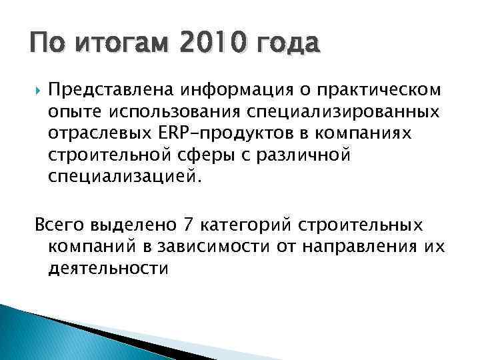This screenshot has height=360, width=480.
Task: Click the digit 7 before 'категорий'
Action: coord(191,225)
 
